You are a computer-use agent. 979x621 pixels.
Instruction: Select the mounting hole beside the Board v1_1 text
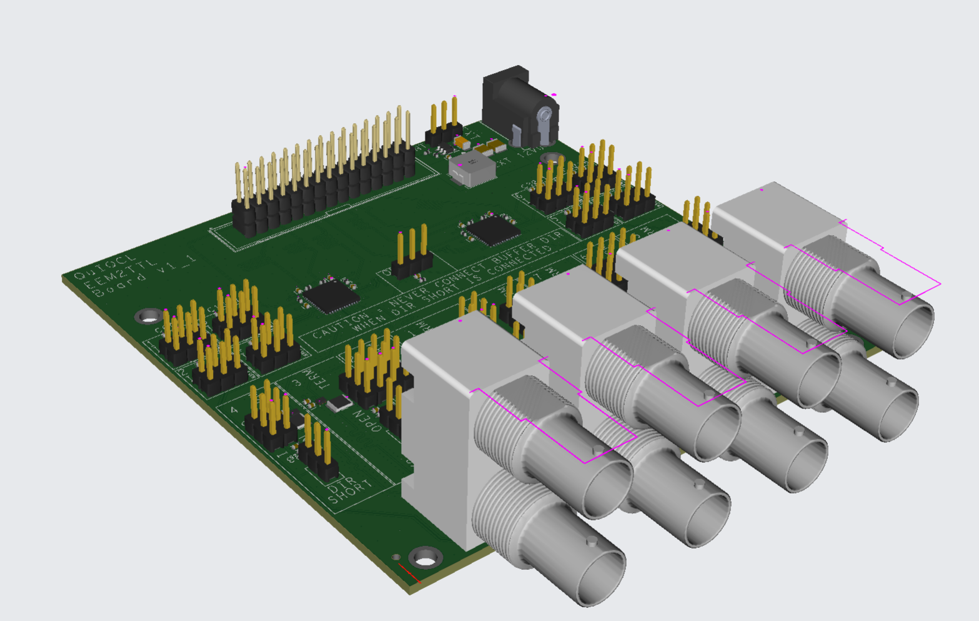[149, 316]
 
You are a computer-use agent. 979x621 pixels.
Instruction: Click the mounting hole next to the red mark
[426, 557]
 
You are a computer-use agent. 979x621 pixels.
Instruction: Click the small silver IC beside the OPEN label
[339, 403]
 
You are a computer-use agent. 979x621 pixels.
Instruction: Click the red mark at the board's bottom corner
[409, 573]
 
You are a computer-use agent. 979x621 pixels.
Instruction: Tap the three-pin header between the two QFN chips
[412, 253]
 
